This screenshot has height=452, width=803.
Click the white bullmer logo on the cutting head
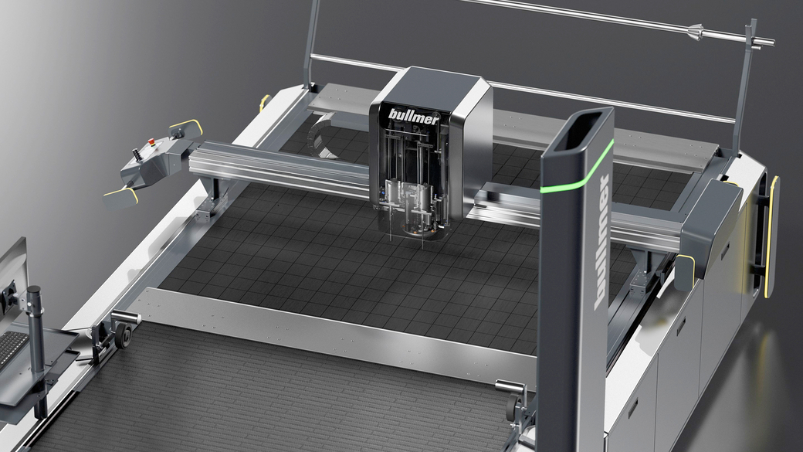point(413,117)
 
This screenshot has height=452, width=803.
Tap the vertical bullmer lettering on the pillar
point(601,243)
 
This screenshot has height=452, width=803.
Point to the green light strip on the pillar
point(578,168)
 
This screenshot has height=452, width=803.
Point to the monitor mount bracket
point(8,297)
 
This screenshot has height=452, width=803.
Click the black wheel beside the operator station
point(123,335)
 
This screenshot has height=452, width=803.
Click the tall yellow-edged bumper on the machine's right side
point(771,236)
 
